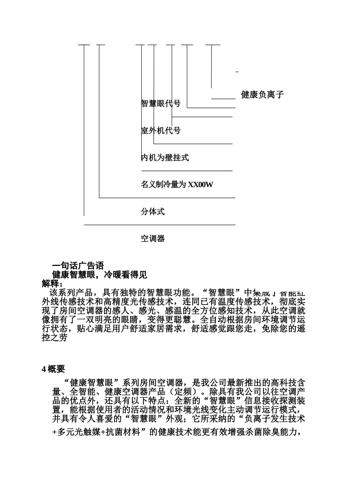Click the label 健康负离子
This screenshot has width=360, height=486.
point(262,95)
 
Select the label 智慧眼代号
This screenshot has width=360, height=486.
point(161,103)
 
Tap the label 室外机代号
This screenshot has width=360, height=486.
point(161,131)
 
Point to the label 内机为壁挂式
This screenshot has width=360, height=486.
point(165,158)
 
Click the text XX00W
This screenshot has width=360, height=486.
point(200,185)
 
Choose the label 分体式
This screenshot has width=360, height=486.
point(153,212)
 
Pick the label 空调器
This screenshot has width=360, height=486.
point(153,239)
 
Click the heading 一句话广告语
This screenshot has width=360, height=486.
point(78,266)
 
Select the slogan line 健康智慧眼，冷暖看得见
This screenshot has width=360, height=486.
point(99,275)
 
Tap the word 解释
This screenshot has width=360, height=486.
point(51,283)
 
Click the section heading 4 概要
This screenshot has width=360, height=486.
point(53,369)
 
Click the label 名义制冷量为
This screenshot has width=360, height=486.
point(164,185)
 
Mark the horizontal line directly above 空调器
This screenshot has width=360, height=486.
point(159,225)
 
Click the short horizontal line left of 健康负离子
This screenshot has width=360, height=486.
point(223,98)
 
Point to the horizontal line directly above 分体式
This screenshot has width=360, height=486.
point(167,198)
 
